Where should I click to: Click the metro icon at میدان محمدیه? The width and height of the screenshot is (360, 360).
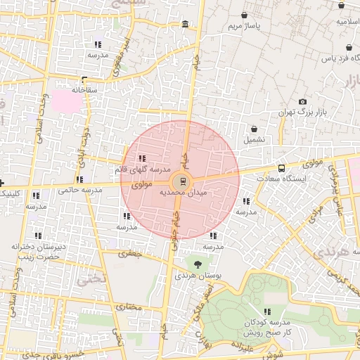(183, 181)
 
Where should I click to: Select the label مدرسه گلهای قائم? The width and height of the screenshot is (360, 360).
(142, 169)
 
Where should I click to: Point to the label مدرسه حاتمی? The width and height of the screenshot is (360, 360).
(75, 189)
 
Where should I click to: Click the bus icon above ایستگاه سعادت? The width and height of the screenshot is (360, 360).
(282, 169)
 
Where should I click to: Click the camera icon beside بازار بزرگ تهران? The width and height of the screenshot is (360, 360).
(303, 102)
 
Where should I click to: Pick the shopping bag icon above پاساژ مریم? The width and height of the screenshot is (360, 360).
(244, 15)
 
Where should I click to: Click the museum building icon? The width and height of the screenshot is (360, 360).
(185, 25)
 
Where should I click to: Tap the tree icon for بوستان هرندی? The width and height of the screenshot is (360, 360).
(197, 264)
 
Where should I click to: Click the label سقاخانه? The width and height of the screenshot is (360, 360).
(84, 90)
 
